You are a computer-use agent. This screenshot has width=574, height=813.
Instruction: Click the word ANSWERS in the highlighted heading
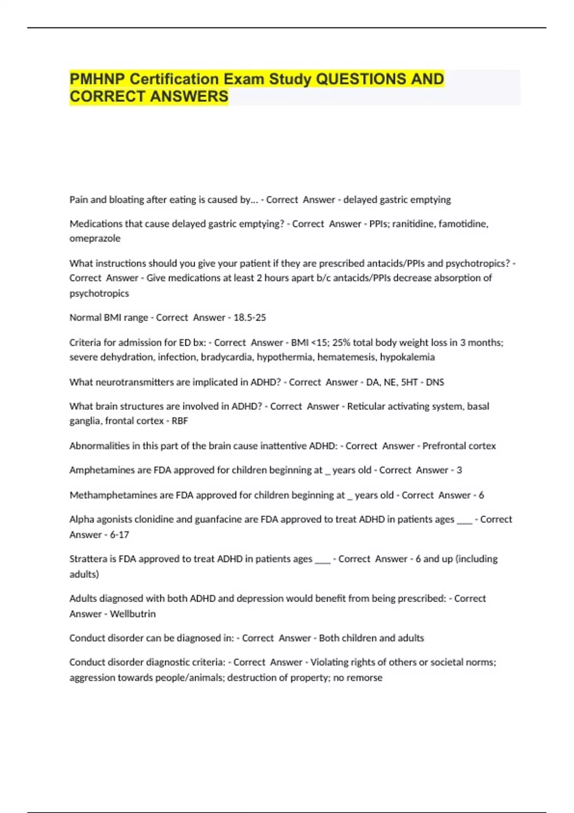(189, 97)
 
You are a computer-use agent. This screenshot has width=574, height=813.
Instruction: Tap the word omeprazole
(95, 238)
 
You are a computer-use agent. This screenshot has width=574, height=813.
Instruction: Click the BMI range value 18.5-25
(249, 318)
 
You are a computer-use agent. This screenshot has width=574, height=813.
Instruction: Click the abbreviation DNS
(435, 382)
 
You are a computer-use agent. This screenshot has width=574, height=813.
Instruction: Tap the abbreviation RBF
(180, 421)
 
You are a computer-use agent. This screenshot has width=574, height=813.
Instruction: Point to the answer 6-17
(119, 535)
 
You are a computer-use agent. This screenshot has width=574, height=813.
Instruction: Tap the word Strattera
(88, 559)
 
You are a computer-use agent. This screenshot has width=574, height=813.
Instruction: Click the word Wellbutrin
(132, 614)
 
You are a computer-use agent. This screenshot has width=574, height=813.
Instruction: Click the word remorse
(365, 678)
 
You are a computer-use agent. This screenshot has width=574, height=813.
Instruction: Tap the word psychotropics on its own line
(99, 293)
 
